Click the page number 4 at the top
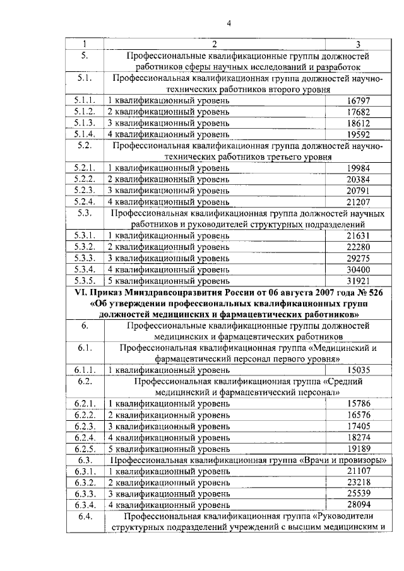(229, 24)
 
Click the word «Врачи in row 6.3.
(328, 461)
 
